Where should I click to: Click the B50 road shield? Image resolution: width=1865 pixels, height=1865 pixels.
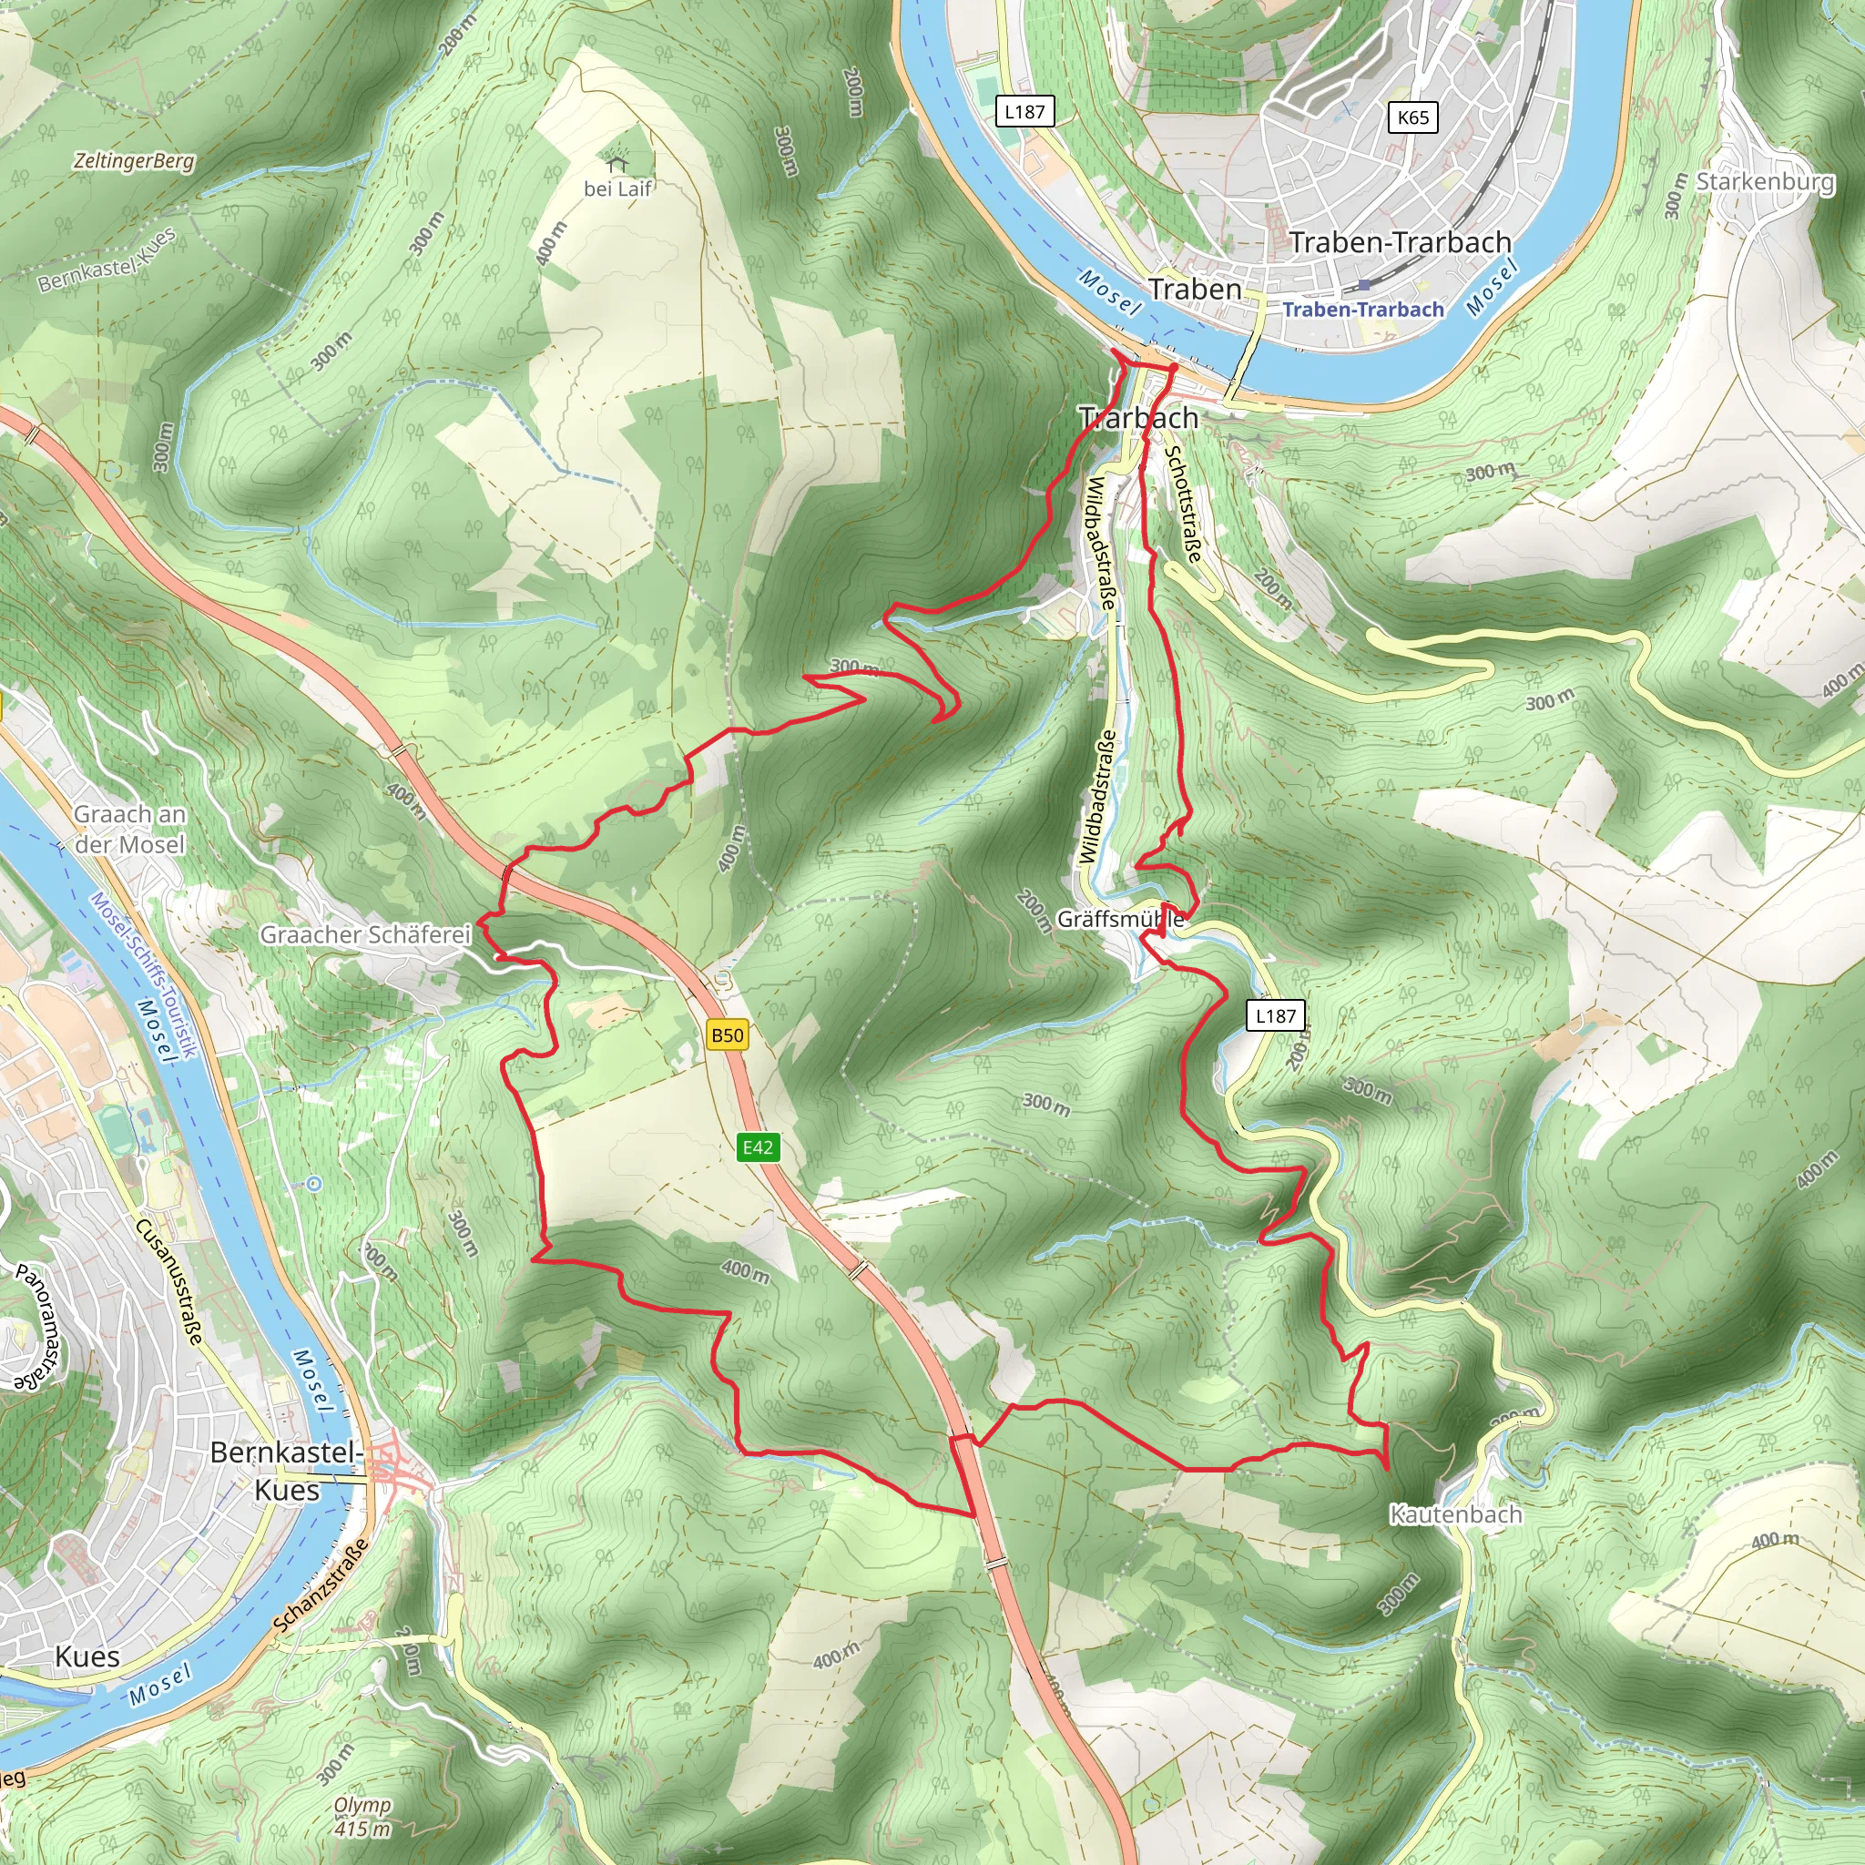point(727,1035)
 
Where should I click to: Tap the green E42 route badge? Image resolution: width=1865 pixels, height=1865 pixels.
point(758,1147)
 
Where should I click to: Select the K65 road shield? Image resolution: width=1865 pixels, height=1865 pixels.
point(1412,117)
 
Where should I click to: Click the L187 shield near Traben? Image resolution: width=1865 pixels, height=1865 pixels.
point(1024,112)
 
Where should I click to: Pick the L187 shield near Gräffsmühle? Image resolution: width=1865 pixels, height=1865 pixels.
point(1275,1015)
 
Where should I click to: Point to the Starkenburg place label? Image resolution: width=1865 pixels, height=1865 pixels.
point(1765,181)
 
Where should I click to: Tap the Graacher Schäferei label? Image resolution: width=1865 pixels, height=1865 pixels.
point(366,934)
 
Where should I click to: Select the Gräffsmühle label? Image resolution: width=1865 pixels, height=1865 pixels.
point(1120,919)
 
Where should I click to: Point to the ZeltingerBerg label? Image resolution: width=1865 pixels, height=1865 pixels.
point(134,161)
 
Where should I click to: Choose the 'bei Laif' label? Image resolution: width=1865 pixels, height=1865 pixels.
point(617,189)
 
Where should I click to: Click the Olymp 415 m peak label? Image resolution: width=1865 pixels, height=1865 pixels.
point(363,1817)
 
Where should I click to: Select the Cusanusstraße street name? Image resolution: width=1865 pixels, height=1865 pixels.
point(170,1282)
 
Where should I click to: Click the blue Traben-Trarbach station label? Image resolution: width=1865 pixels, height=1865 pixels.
point(1363,309)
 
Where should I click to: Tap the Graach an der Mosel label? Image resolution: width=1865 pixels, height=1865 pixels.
point(130,830)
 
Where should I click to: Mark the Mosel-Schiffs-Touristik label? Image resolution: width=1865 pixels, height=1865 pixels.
point(145,976)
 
